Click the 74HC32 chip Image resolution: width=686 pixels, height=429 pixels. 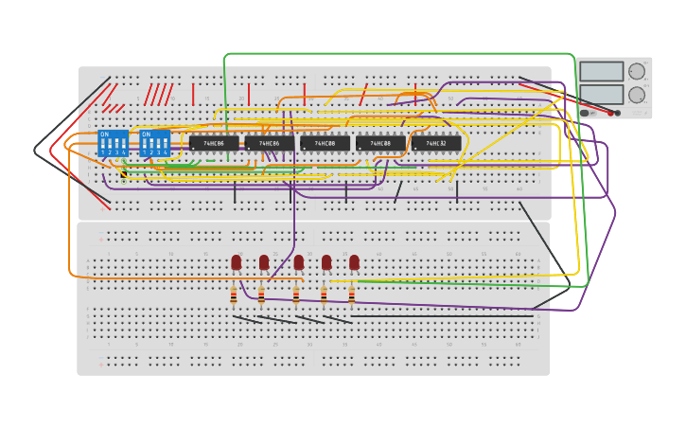coord(436,144)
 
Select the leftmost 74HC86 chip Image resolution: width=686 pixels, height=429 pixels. coord(214,144)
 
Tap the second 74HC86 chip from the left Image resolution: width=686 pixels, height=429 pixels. coord(270,144)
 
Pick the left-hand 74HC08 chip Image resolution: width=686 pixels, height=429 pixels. coord(325,144)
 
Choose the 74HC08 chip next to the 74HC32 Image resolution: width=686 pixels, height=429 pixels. coord(380,144)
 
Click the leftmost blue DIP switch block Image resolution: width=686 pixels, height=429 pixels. coord(113,143)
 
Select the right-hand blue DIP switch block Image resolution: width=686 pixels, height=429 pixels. coord(154,143)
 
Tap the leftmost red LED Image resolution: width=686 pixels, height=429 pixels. coord(236,262)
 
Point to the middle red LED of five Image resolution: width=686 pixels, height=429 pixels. coord(299,262)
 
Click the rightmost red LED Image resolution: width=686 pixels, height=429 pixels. coord(354,262)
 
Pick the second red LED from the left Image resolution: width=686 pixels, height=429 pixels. coord(264,262)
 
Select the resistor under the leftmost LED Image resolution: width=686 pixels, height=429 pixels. coord(234,296)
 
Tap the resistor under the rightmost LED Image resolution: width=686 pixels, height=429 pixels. coord(351,296)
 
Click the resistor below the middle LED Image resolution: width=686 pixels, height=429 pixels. coord(296,296)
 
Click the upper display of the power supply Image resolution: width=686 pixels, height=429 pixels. coord(601,71)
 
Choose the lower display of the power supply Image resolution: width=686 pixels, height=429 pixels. coord(601,95)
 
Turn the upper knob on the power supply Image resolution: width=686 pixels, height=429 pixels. coord(637,71)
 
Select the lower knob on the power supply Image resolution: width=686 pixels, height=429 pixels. coord(637,95)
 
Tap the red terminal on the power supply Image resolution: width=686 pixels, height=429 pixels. coord(610,113)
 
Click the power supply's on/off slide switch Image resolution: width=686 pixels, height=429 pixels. coord(585,113)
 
